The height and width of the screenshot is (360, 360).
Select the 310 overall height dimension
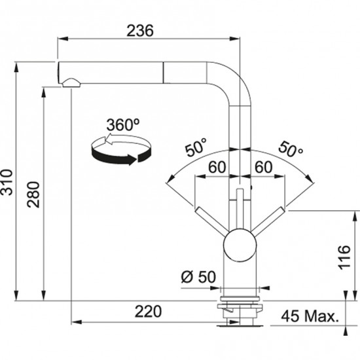(x=8, y=183)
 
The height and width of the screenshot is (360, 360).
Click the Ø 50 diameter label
(x=197, y=277)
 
